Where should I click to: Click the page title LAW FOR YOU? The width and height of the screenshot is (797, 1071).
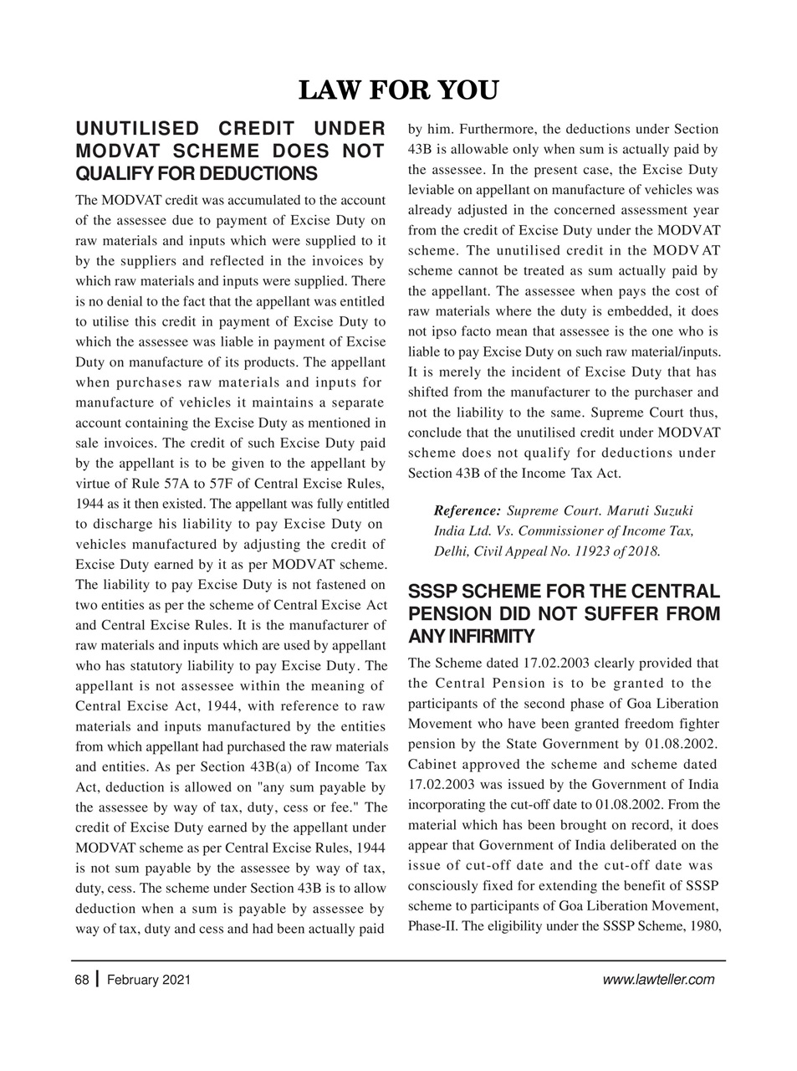[398, 90]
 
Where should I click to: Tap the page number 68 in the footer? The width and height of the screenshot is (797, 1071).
[81, 980]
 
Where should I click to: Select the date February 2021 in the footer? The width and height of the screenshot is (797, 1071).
[149, 980]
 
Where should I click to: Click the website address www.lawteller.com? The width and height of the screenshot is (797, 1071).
[658, 980]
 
